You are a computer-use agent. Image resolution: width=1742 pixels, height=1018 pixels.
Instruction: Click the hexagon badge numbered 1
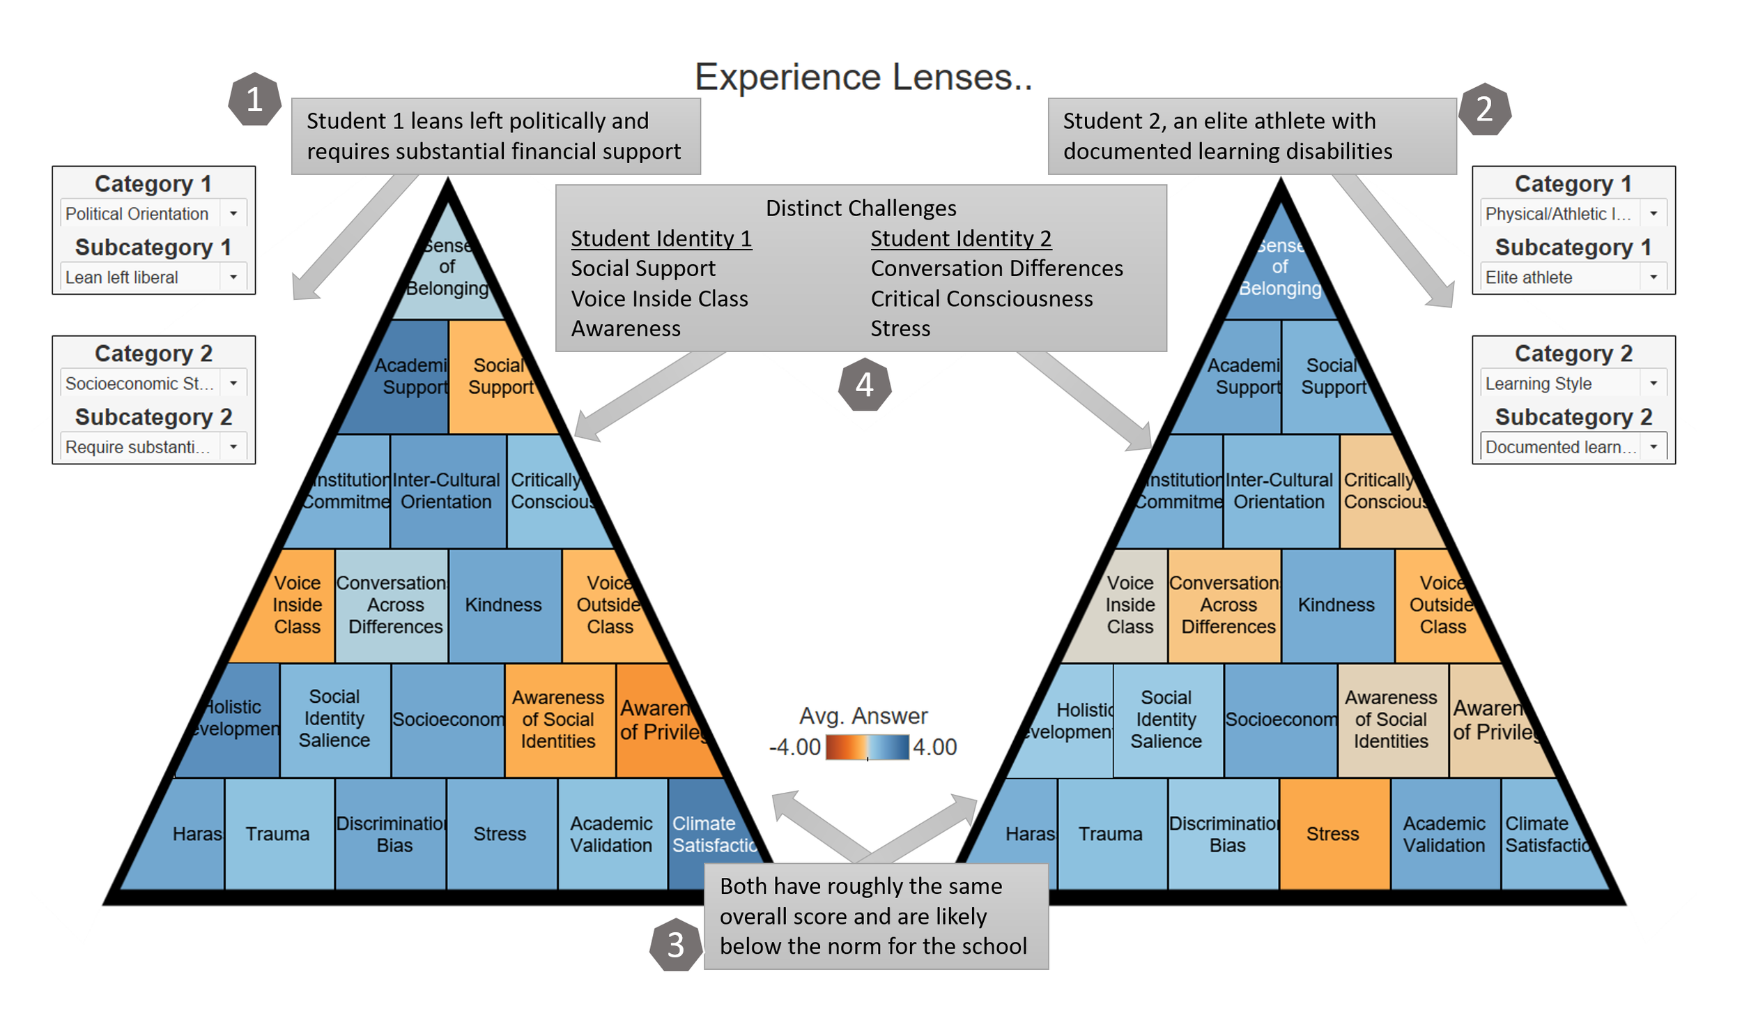tap(254, 99)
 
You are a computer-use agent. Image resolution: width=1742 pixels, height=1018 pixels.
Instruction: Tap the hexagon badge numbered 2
tap(1484, 109)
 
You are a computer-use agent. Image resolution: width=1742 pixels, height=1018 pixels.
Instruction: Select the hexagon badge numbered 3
tap(675, 945)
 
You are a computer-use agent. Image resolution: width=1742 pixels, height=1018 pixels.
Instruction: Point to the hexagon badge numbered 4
tap(864, 384)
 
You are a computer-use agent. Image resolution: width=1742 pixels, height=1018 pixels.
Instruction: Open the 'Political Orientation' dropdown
tap(153, 213)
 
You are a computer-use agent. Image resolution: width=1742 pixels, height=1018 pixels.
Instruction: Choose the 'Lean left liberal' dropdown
tap(153, 278)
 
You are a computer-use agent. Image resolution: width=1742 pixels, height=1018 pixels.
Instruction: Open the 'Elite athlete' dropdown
tap(1572, 278)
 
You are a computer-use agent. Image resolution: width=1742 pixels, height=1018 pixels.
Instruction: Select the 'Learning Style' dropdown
tap(1572, 383)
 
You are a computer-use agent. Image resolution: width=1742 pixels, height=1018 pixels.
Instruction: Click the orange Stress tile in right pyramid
tap(1333, 833)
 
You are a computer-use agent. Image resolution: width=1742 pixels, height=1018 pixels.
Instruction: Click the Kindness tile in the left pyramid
tap(504, 605)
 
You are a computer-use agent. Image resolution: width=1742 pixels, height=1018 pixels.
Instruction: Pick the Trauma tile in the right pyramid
tap(1111, 833)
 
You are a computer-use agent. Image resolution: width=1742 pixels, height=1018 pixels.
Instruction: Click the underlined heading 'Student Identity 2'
tap(960, 238)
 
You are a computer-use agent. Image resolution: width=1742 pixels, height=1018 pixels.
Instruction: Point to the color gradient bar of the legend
tap(867, 747)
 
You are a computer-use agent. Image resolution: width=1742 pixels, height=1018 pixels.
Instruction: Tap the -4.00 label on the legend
tap(794, 747)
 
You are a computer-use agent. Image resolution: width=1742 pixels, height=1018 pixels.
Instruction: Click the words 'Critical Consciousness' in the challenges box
tap(981, 298)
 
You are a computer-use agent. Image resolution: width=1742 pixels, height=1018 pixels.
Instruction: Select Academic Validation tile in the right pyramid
tap(1444, 833)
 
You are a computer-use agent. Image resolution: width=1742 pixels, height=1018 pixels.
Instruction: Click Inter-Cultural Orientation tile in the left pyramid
tap(447, 491)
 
